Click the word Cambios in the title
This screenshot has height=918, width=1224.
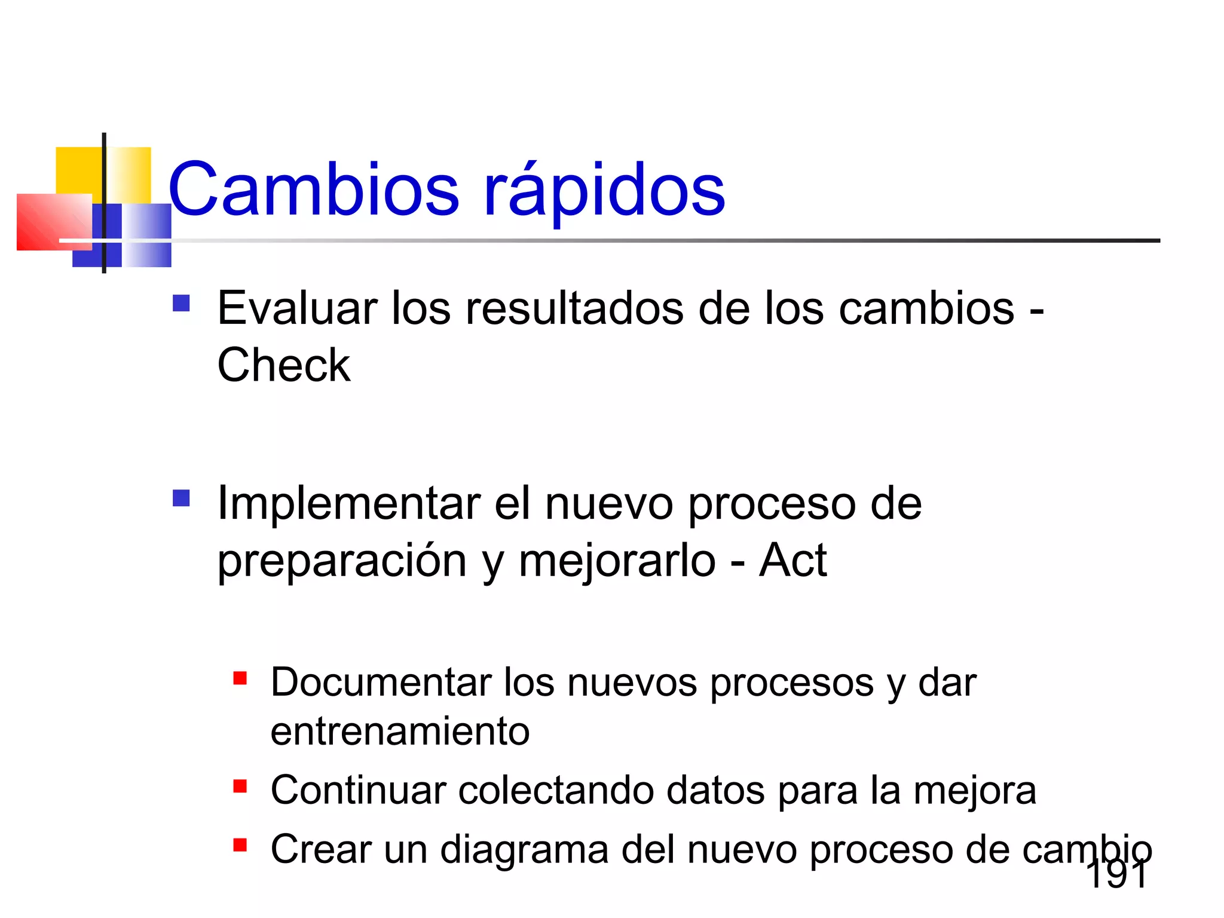tap(314, 189)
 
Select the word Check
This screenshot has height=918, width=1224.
tap(284, 365)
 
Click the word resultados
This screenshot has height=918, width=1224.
tap(574, 308)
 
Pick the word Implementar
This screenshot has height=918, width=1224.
tap(348, 504)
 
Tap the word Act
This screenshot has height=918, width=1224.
tap(792, 561)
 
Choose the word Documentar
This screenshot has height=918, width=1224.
tap(380, 682)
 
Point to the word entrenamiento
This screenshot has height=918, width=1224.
tap(400, 732)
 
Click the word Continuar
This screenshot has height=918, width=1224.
tap(358, 790)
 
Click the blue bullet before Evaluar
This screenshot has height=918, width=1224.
tap(181, 304)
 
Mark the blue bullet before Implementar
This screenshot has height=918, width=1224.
tap(181, 498)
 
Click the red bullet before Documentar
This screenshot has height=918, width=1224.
tap(240, 678)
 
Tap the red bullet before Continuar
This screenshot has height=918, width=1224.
tap(240, 786)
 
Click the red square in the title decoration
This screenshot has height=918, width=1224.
tap(48, 221)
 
